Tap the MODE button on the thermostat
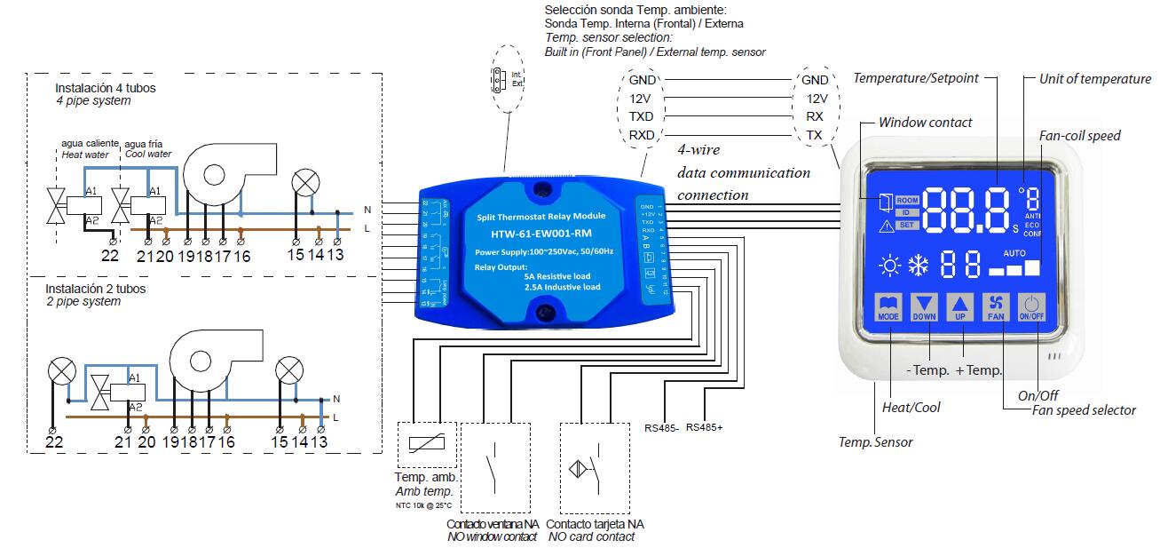(x=888, y=305)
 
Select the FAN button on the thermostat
(x=996, y=305)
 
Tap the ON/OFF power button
(x=1031, y=305)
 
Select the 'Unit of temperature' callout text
(x=1095, y=79)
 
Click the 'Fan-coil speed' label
(x=1079, y=136)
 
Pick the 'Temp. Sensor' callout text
(x=875, y=441)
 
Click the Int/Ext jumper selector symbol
(x=498, y=79)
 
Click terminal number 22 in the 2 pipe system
(x=55, y=441)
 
